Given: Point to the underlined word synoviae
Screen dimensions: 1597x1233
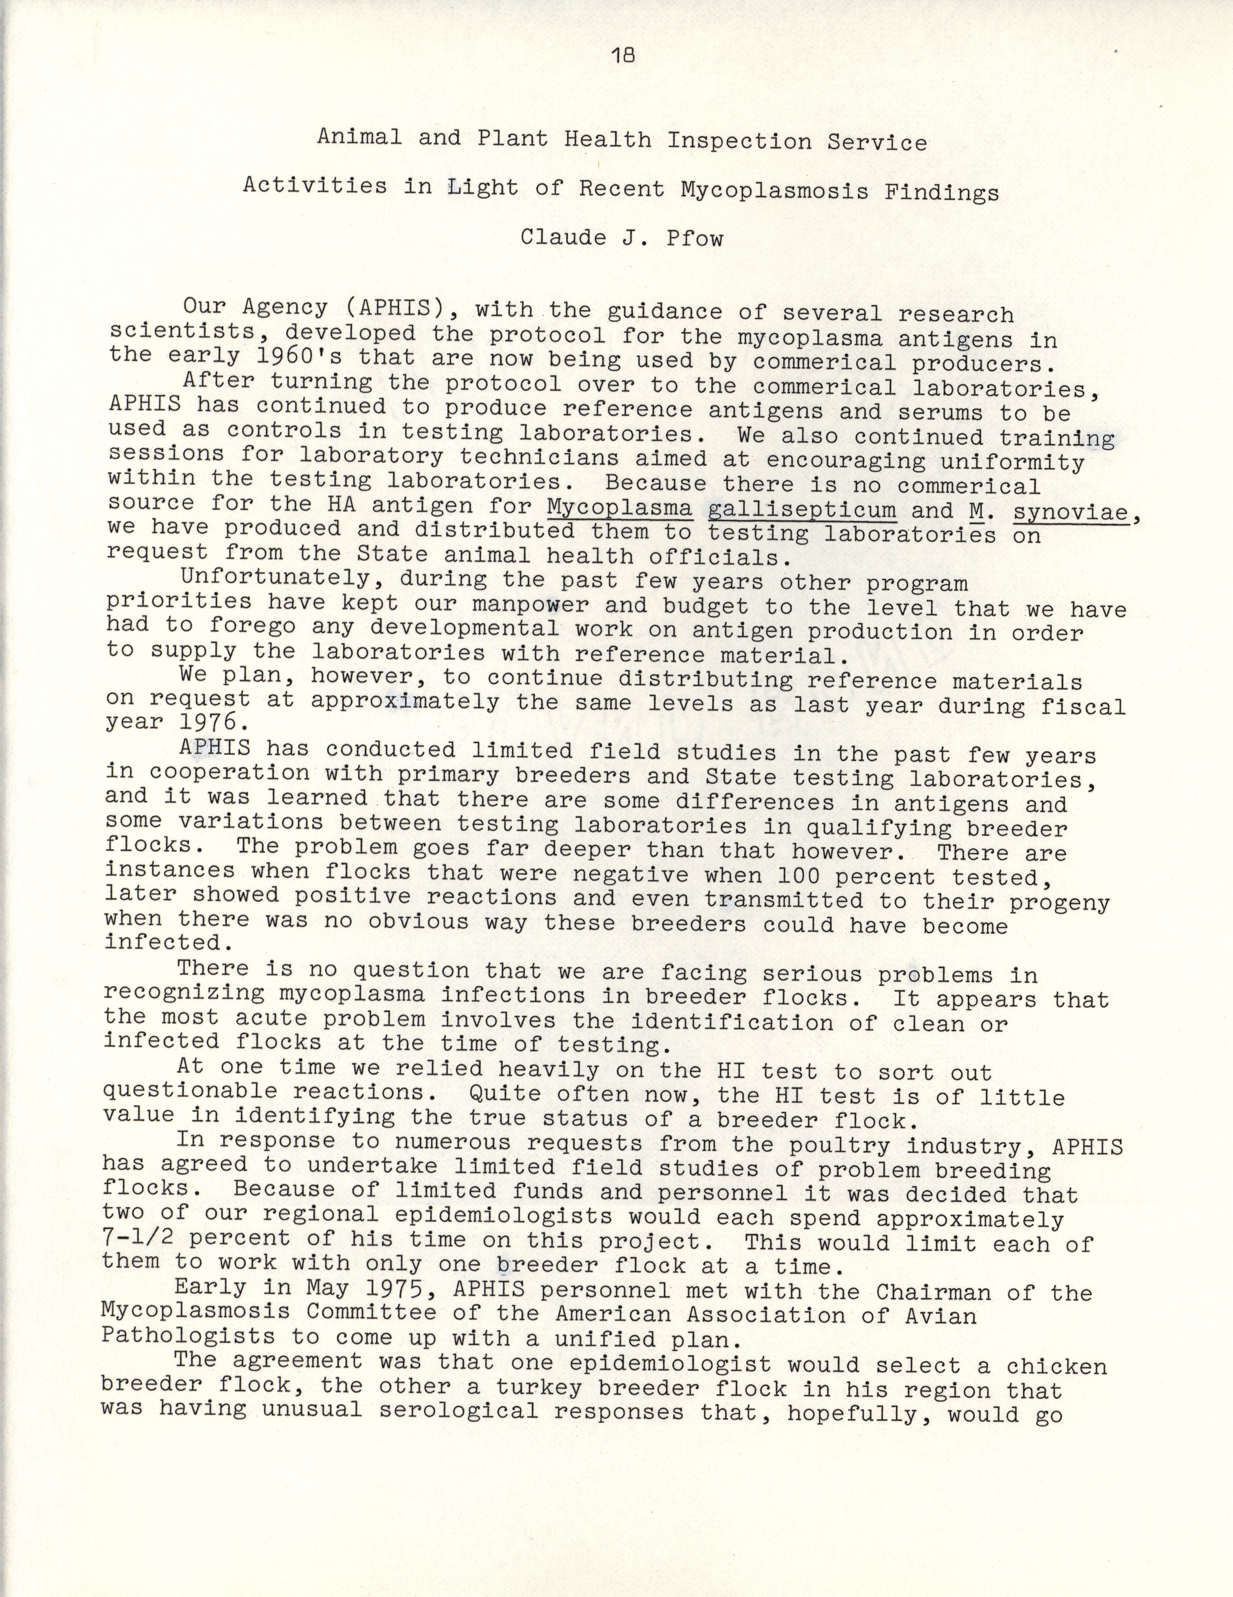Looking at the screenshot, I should [x=1071, y=513].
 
